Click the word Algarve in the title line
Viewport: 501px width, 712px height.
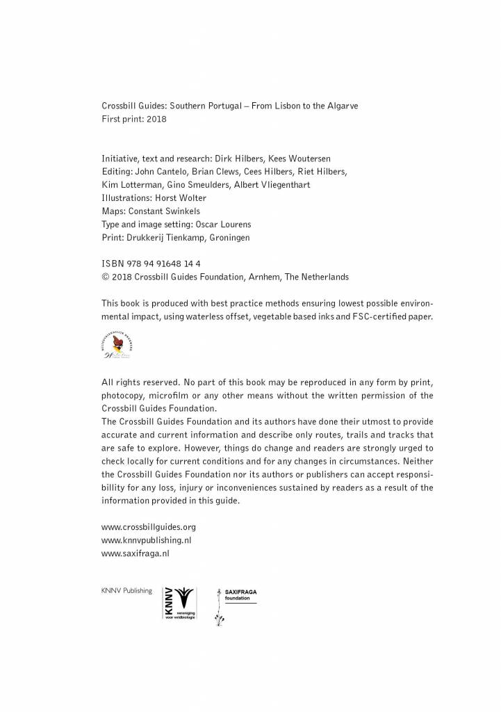coord(340,106)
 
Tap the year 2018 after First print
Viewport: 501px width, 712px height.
coord(157,119)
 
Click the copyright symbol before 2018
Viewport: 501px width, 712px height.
coord(105,277)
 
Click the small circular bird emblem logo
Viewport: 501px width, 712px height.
coord(117,344)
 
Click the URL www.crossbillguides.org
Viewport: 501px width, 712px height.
coord(144,527)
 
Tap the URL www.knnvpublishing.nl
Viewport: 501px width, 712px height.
coord(142,540)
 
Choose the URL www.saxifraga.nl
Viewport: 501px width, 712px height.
coord(135,553)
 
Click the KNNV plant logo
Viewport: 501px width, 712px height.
coord(179,603)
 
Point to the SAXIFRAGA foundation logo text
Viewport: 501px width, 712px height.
coord(240,594)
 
